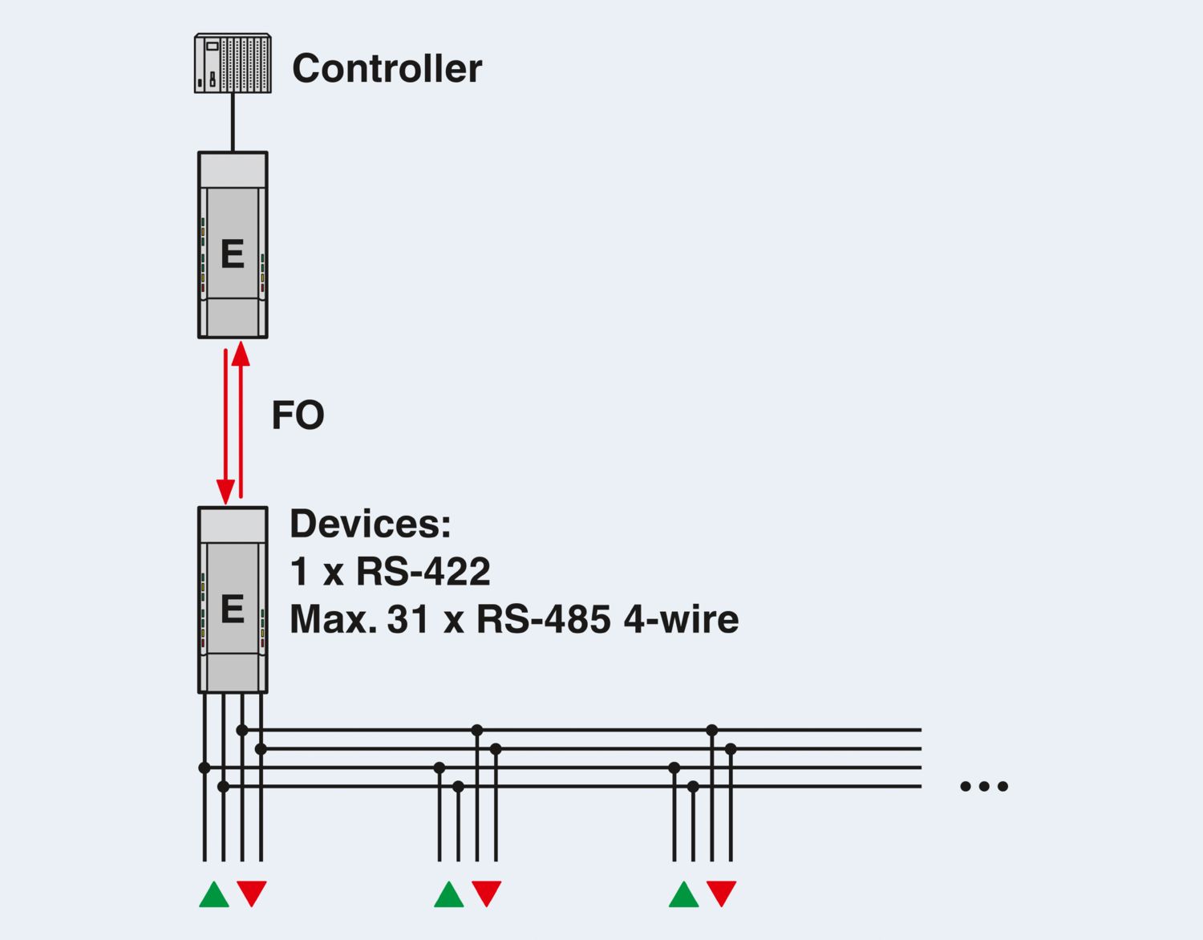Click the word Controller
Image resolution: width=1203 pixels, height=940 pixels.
(387, 69)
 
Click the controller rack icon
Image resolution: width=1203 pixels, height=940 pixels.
(233, 63)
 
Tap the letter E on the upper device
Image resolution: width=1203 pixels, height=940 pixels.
(233, 254)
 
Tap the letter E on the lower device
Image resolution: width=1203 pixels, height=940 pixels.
(233, 610)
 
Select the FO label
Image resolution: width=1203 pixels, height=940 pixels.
(298, 415)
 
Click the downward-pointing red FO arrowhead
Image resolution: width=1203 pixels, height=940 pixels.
(226, 491)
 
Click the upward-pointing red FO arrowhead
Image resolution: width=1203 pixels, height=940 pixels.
(241, 354)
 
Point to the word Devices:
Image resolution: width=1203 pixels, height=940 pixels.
(371, 525)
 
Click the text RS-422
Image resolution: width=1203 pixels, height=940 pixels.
(423, 572)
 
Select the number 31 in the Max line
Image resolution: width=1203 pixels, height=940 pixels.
(408, 620)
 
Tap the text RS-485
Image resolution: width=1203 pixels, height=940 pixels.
(543, 620)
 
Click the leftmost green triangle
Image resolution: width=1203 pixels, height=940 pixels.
(214, 895)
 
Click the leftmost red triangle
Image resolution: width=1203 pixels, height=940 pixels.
(252, 892)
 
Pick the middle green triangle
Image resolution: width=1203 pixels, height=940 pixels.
(449, 895)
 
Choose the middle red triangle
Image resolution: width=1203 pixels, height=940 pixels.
(487, 892)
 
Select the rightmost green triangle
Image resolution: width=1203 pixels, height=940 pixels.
(684, 895)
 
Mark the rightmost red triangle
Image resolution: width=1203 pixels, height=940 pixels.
(722, 892)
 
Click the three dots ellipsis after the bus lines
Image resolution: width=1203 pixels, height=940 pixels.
(984, 786)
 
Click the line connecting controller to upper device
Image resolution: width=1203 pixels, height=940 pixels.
(233, 122)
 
